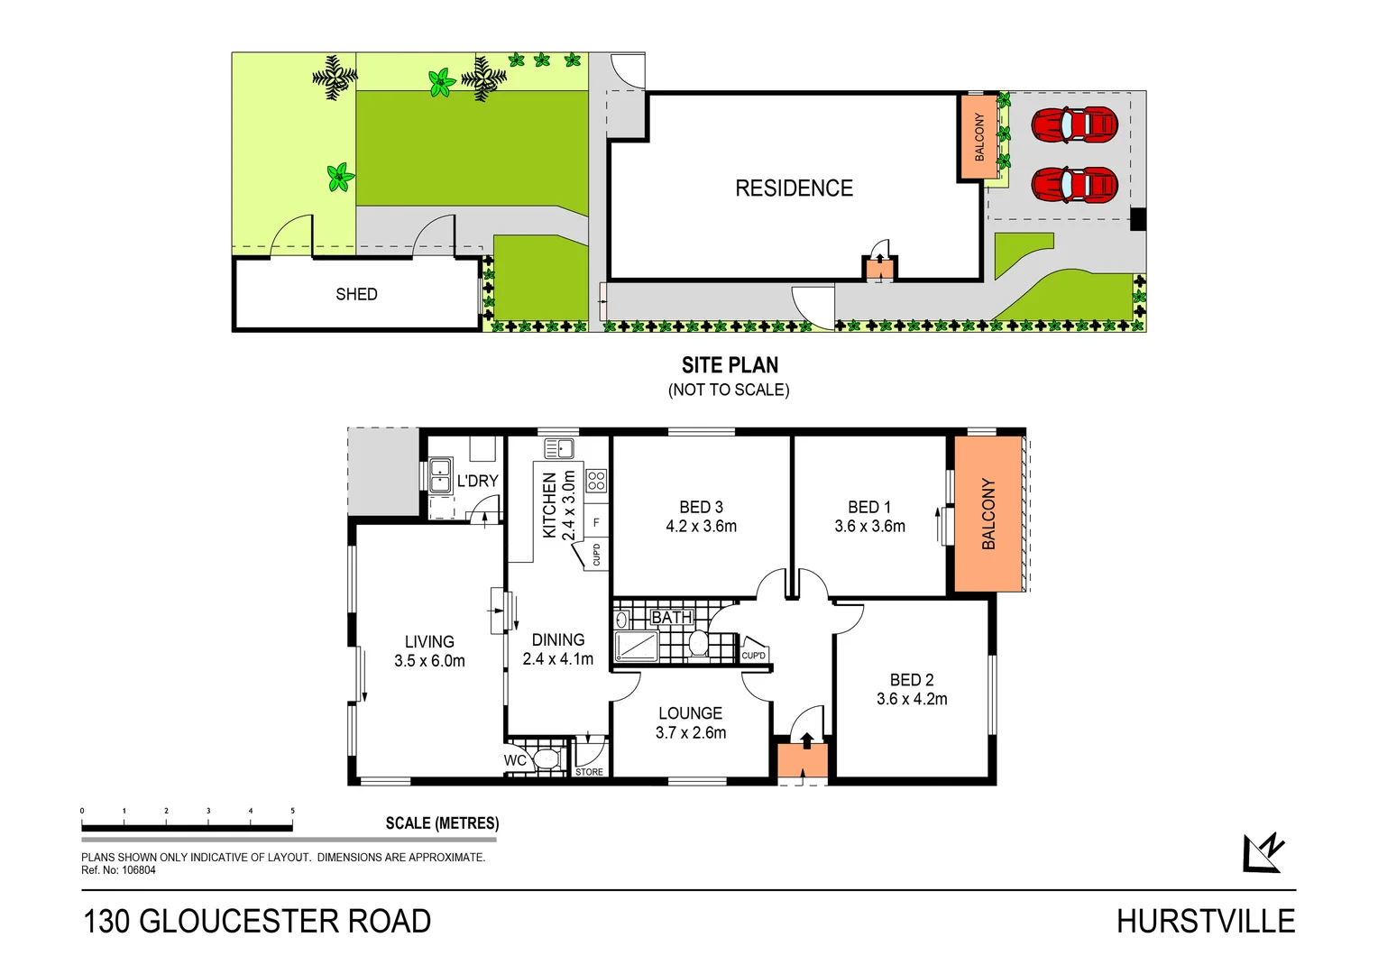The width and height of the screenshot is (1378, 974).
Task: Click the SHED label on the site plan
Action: coord(356,294)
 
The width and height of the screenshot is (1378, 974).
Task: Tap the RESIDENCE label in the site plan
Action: coord(794,188)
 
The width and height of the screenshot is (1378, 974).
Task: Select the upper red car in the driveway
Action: coord(1074,125)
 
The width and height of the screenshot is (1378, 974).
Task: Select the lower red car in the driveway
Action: coord(1074,186)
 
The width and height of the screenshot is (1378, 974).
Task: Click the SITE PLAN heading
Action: coord(730,365)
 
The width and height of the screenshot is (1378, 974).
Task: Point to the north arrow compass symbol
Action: coord(1263,853)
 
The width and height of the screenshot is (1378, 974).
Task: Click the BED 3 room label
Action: coord(701,507)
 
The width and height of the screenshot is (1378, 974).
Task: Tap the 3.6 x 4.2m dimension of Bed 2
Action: coord(912,699)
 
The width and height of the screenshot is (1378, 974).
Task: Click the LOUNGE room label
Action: coord(690,713)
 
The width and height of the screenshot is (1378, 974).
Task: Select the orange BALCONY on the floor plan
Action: coord(988,514)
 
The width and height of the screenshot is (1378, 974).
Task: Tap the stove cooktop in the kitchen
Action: coord(596,480)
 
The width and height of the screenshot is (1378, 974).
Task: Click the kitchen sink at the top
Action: coord(559,447)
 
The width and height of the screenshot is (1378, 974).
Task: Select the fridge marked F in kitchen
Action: coord(595,522)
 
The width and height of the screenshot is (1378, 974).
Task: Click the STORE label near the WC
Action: coord(589,772)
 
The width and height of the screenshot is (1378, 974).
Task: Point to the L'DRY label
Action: coord(477,481)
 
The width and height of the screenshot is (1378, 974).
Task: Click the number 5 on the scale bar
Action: coord(292,811)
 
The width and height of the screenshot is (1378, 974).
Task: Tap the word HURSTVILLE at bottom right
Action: coord(1205,922)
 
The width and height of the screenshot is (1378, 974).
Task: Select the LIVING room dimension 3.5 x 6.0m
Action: coord(429,661)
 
